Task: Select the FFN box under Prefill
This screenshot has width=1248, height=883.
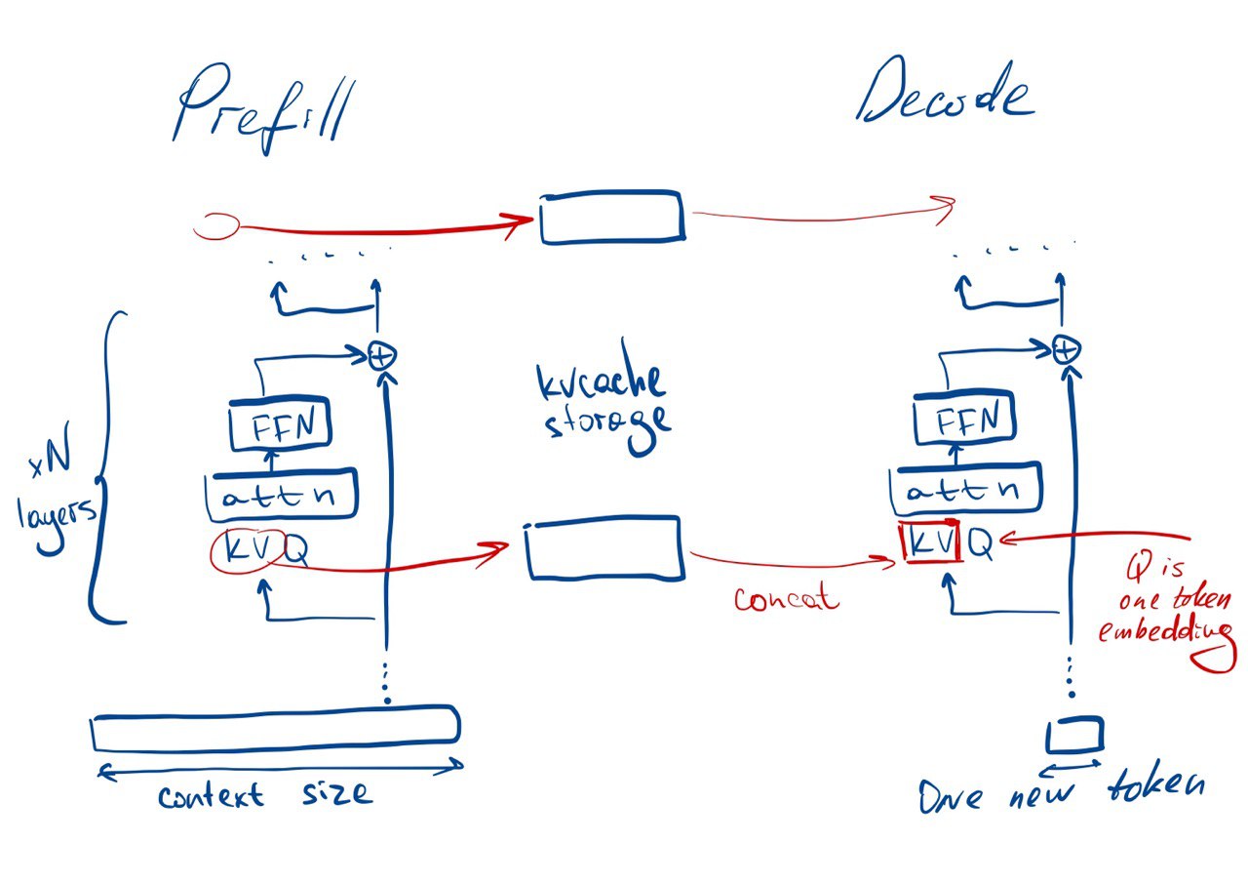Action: click(x=280, y=425)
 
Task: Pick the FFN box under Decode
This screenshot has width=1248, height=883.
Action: click(x=963, y=421)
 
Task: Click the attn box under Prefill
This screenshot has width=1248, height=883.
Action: click(x=282, y=496)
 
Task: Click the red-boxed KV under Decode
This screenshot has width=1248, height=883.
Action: click(x=932, y=542)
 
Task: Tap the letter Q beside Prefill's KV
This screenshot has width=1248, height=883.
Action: click(x=297, y=553)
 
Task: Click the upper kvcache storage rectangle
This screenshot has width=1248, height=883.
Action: click(x=611, y=217)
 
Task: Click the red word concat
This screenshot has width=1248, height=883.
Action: click(x=786, y=597)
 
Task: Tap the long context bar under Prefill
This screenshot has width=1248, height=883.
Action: click(x=275, y=728)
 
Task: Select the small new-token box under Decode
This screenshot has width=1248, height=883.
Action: click(x=1075, y=733)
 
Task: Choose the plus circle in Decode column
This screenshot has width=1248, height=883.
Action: click(x=1067, y=348)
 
